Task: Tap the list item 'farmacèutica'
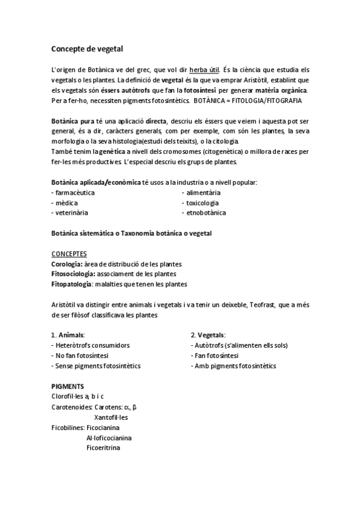[x=75, y=192]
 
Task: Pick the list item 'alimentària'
[x=203, y=192]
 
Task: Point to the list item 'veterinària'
[x=72, y=212]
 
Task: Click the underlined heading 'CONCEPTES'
[x=69, y=254]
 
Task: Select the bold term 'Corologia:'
[x=67, y=264]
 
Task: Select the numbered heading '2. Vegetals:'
[x=208, y=334]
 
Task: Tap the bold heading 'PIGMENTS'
[x=68, y=386]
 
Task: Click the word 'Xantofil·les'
[x=111, y=417]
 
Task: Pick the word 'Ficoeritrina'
[x=103, y=447]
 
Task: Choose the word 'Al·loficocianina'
[x=109, y=437]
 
